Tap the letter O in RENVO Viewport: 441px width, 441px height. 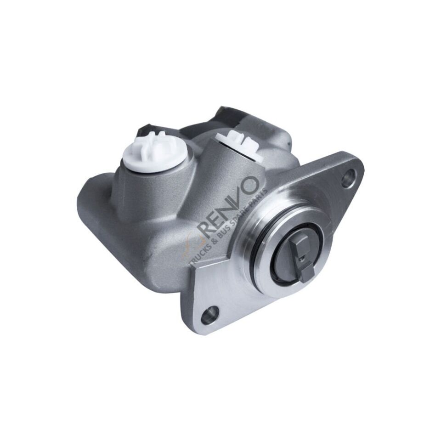249,186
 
